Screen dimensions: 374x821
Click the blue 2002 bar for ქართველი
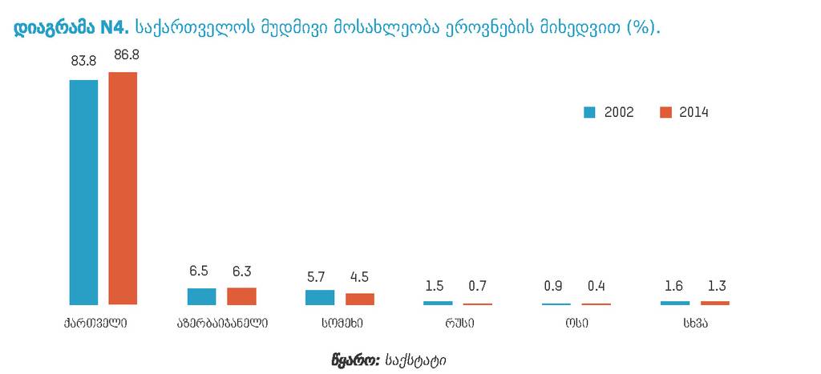tap(83, 192)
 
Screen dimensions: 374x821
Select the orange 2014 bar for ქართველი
tap(123, 188)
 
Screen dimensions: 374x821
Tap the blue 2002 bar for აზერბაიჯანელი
tap(202, 296)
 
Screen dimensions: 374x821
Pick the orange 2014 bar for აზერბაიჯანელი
tap(241, 296)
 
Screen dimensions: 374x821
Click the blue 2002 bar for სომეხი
tap(320, 297)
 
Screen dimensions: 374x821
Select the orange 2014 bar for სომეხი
tap(360, 299)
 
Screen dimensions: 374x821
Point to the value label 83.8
tap(83, 59)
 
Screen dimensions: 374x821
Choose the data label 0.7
tap(478, 286)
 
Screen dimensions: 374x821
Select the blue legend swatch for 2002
tap(588, 113)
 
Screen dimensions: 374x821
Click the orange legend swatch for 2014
tap(665, 113)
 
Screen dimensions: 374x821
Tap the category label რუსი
tap(459, 324)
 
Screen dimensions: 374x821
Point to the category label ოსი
tap(576, 324)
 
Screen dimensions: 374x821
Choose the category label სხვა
tap(695, 324)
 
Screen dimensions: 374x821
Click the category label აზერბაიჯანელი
tap(222, 324)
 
